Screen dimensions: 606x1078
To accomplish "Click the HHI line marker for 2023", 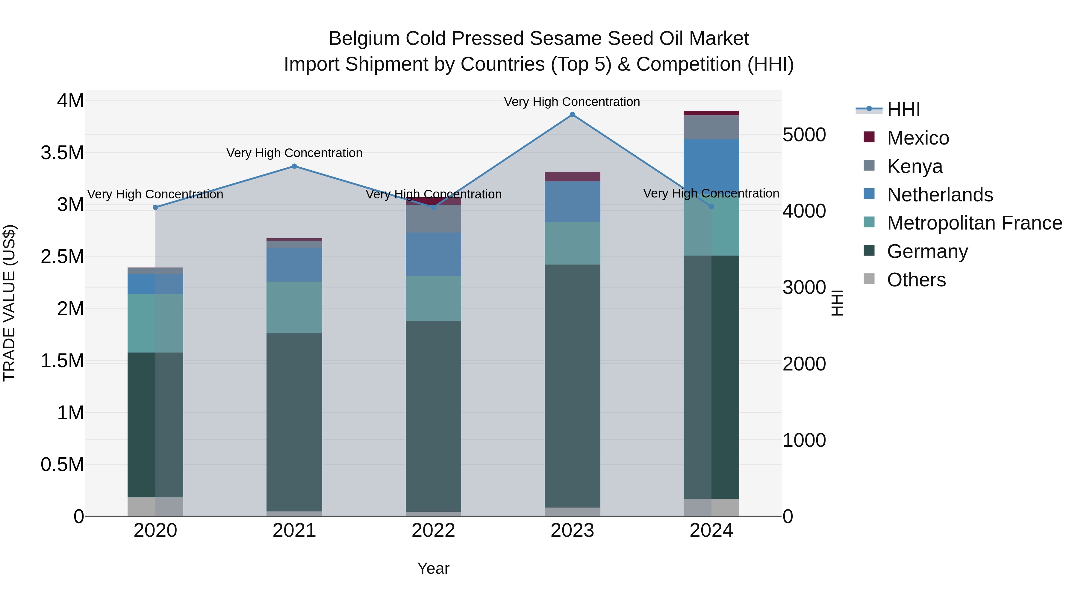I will pos(572,115).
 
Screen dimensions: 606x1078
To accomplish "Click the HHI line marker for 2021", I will pos(294,166).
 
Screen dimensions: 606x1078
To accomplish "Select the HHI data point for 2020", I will pos(155,207).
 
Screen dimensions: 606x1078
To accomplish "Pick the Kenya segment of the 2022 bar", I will pos(433,219).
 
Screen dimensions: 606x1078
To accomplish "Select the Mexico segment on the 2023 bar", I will pos(572,177).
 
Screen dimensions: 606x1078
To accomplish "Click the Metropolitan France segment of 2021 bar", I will pos(294,307).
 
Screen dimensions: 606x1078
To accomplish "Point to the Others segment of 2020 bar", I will pos(155,506).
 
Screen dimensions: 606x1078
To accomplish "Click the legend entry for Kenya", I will pos(915,166).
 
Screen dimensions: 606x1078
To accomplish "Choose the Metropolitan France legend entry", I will pos(974,223).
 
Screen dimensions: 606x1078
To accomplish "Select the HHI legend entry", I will pos(903,110).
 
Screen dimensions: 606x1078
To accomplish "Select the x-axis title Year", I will pos(433,568).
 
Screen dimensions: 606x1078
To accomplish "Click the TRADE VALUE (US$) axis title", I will pos(9,303).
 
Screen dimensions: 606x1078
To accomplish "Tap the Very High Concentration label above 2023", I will pos(572,102).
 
